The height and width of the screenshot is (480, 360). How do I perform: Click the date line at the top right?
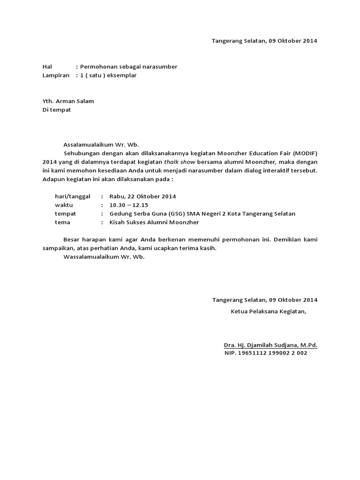pos(264,41)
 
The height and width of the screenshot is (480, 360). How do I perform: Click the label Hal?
pos(47,67)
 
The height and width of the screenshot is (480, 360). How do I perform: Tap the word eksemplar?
pos(122,75)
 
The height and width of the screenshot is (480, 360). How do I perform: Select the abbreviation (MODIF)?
pos(307,153)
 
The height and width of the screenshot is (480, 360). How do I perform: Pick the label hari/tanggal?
pos(72,196)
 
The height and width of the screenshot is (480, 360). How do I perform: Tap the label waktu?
pos(64,205)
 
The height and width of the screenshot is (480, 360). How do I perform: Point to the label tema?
pos(62,222)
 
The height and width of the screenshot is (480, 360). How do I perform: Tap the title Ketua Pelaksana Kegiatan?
pos(268,311)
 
